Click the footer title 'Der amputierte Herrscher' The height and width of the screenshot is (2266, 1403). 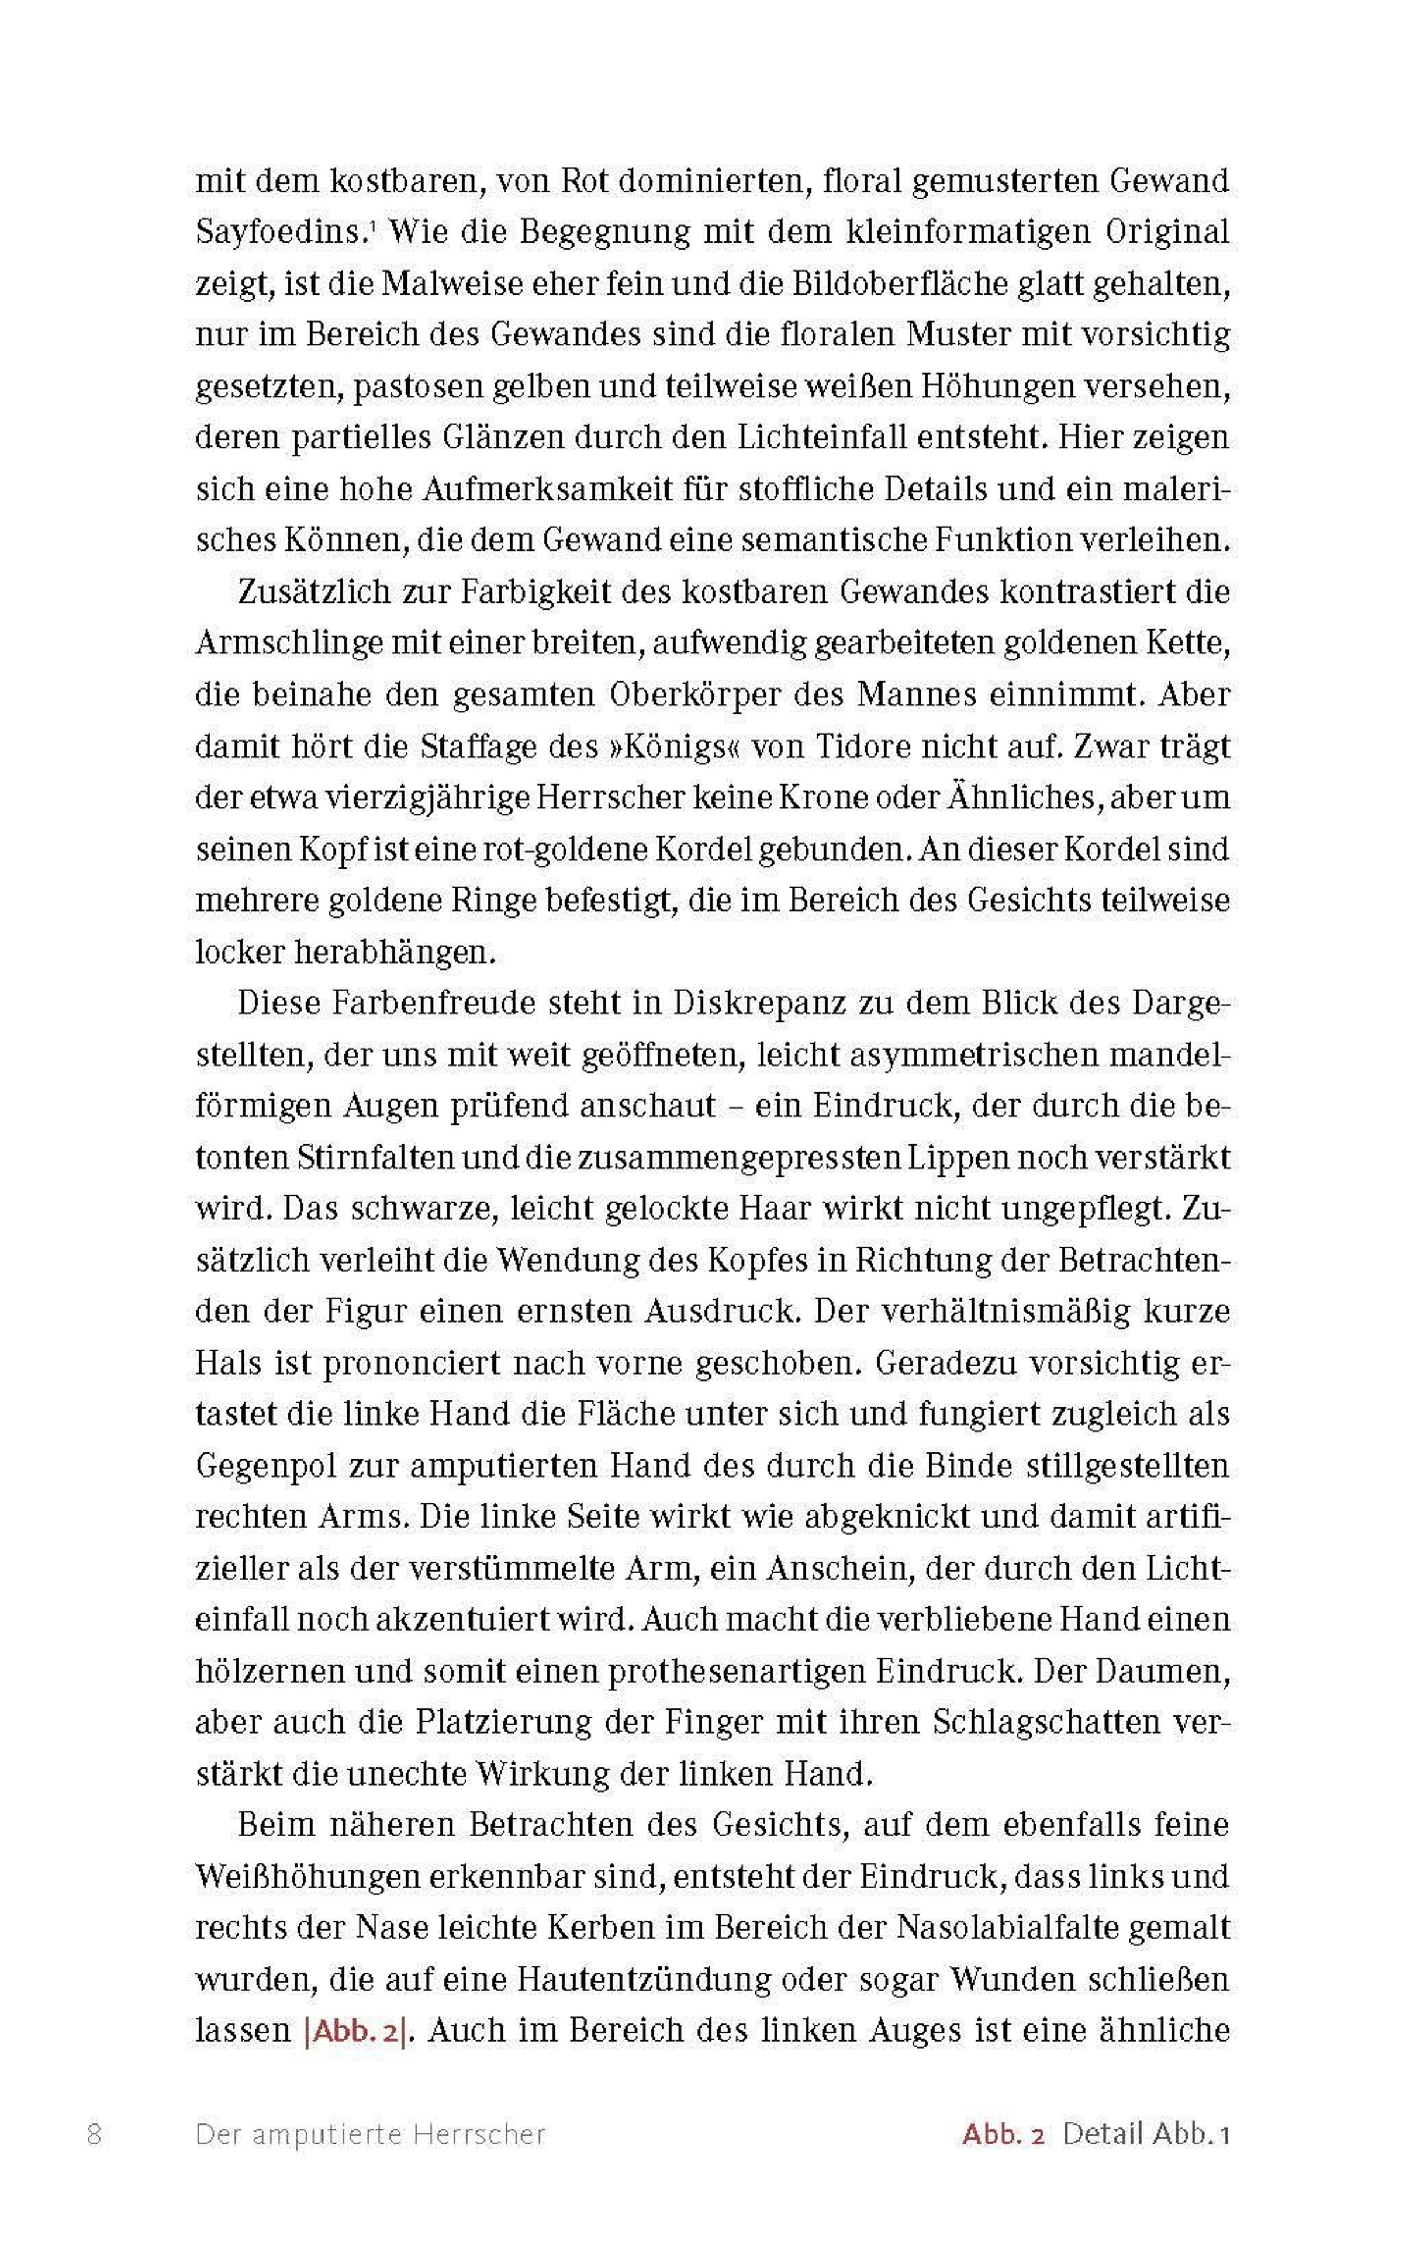tap(370, 2133)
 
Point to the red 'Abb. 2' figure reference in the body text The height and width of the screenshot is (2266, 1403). tap(355, 2030)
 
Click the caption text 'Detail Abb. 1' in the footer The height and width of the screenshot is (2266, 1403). tap(1146, 2133)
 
